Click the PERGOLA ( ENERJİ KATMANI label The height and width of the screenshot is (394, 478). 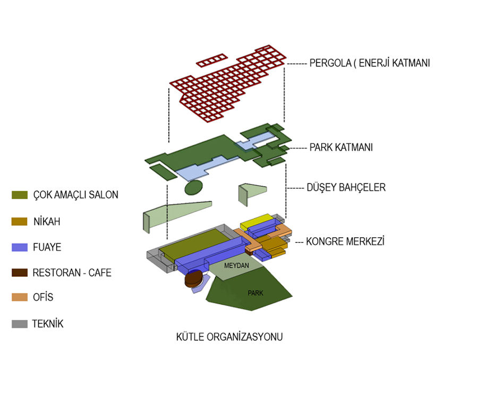pos(370,63)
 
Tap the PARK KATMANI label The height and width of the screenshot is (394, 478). pos(341,147)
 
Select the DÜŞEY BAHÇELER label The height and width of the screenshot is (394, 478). pos(346,187)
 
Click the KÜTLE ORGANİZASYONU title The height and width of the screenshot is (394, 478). pos(229,337)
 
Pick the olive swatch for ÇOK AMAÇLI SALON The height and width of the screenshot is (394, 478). pos(20,195)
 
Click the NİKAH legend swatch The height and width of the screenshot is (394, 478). pos(20,221)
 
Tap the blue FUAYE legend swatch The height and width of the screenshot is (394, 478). pos(20,247)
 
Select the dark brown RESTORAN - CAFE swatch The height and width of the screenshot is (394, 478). pos(20,273)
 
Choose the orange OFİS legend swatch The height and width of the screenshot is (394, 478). pos(20,297)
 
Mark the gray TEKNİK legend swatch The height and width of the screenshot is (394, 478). pos(20,323)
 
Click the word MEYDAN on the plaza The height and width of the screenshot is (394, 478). pos(236,265)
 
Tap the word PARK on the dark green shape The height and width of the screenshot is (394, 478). pos(255,293)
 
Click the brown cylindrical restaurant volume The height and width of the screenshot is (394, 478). pos(193,279)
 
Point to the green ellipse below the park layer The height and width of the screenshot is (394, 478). pos(193,187)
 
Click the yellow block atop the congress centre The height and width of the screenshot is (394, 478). pos(256,220)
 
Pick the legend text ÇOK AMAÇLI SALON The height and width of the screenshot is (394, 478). pos(75,195)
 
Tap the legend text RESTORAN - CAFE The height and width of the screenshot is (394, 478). pos(72,273)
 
